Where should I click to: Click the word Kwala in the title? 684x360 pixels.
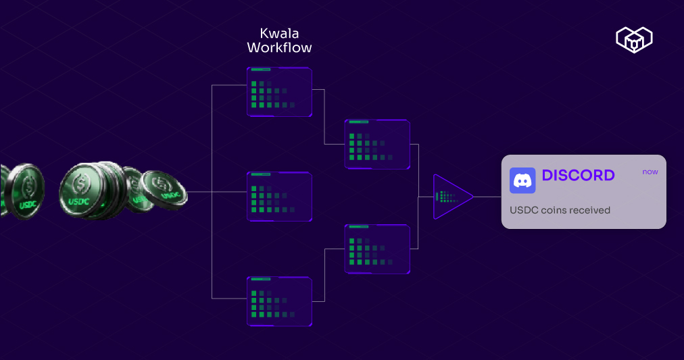[x=279, y=33]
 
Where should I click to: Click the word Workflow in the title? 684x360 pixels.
[x=279, y=48]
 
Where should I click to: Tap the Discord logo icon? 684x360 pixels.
[x=522, y=180]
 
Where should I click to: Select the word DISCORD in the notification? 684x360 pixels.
[x=579, y=176]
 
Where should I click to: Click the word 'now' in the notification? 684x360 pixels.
[x=650, y=172]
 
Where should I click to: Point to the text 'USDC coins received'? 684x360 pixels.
[x=560, y=210]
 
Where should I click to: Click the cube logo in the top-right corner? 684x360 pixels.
[x=634, y=39]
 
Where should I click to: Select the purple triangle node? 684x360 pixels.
[x=450, y=197]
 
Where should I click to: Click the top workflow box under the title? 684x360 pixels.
[x=279, y=92]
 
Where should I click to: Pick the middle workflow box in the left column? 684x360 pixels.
[x=279, y=197]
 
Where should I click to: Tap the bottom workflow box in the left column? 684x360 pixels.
[x=279, y=301]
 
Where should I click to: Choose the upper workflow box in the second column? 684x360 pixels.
[x=377, y=144]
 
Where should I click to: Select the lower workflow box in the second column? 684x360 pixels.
[x=377, y=249]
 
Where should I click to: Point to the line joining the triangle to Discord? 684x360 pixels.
[x=487, y=197]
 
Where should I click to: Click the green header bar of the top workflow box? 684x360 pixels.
[x=260, y=70]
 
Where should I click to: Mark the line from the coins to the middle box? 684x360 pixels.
[x=216, y=192]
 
